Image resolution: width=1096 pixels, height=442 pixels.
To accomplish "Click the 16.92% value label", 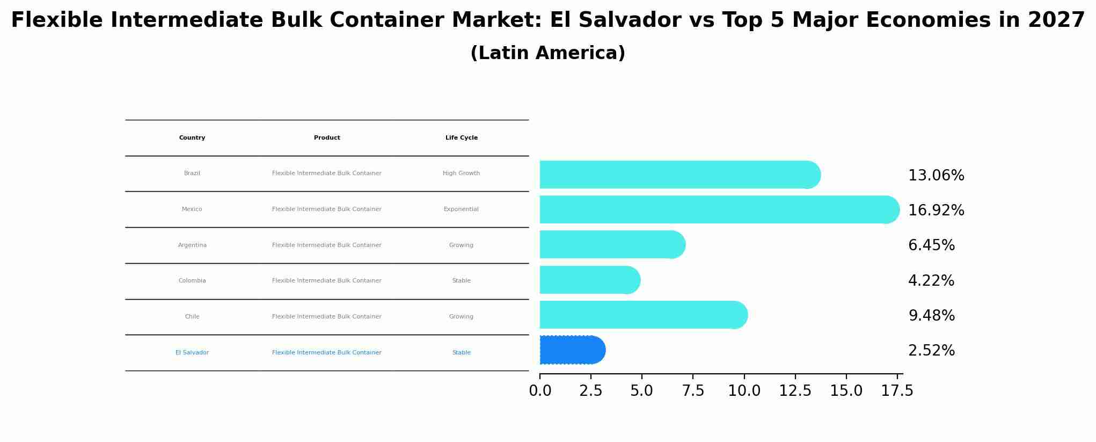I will (936, 211).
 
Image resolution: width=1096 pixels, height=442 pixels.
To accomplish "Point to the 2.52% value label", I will (931, 351).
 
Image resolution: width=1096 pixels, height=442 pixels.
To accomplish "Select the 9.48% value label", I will (931, 316).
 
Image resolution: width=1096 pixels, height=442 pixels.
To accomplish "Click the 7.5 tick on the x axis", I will (693, 391).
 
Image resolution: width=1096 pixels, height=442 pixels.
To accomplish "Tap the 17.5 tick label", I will (897, 391).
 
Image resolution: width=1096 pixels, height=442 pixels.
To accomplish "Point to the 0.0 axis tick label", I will (540, 391).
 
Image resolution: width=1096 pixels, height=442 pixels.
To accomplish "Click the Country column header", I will (192, 138).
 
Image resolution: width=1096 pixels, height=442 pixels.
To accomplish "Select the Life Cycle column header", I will (461, 138).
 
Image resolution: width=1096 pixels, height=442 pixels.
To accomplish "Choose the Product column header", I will (327, 138).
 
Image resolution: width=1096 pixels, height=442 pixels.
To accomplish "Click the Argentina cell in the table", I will (192, 245).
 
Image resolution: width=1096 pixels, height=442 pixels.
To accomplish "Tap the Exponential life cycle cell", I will (461, 209).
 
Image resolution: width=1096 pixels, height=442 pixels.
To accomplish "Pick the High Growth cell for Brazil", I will (461, 173).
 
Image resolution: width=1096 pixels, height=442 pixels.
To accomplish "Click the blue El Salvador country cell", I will (192, 353).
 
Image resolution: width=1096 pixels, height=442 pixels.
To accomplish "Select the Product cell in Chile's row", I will (326, 317).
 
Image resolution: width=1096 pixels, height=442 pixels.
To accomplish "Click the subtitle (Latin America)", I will (547, 53).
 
